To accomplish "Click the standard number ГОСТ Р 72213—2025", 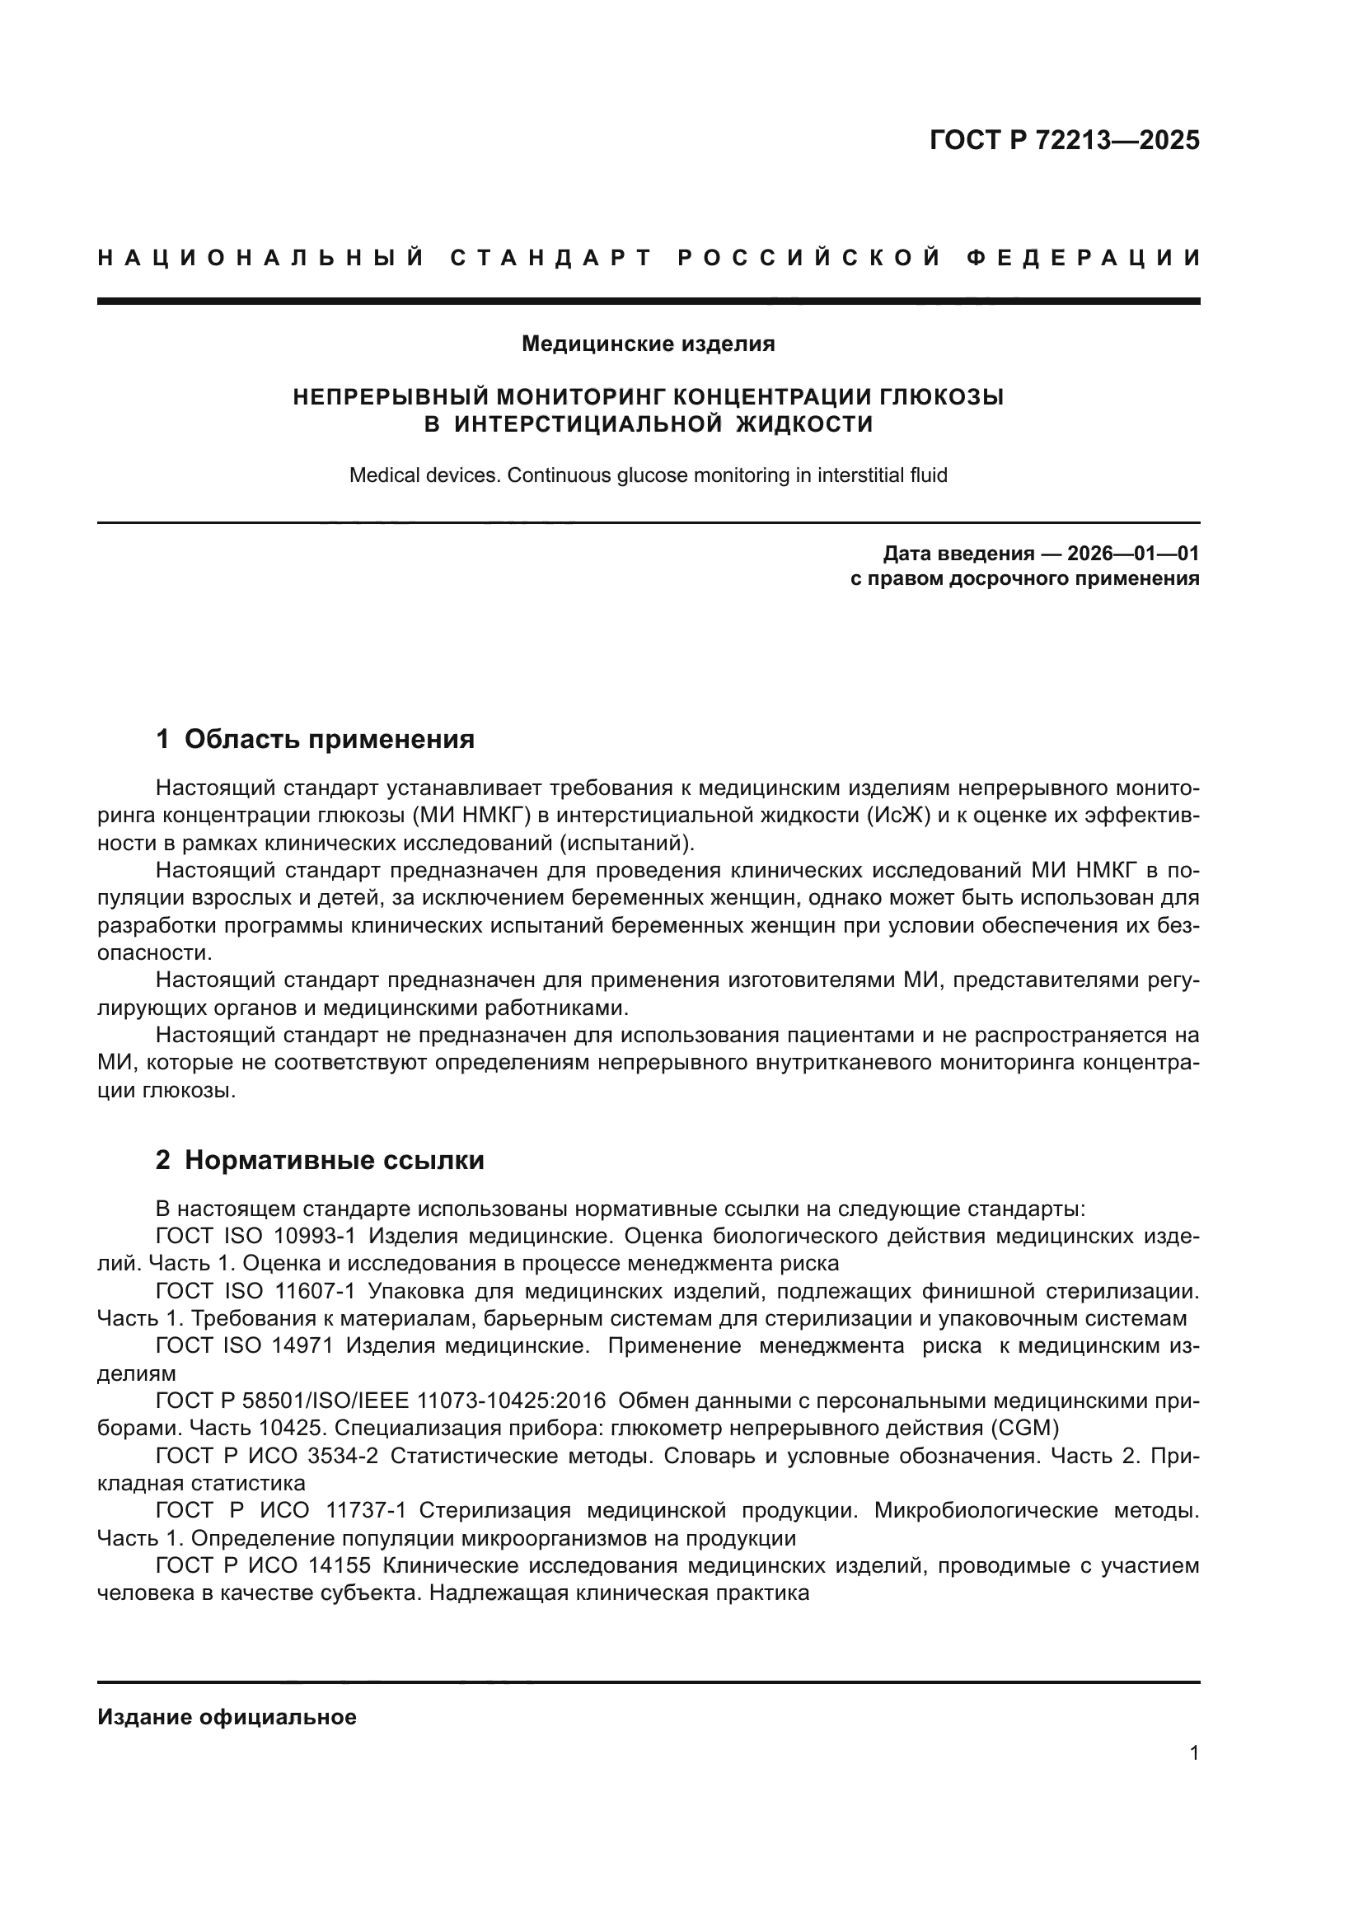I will tap(1064, 139).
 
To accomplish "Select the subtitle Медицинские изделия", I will tap(648, 344).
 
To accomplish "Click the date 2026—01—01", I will tap(1133, 553).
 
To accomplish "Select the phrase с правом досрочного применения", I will tap(1024, 578).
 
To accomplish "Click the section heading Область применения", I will tap(329, 738).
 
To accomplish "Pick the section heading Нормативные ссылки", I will tap(334, 1160).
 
